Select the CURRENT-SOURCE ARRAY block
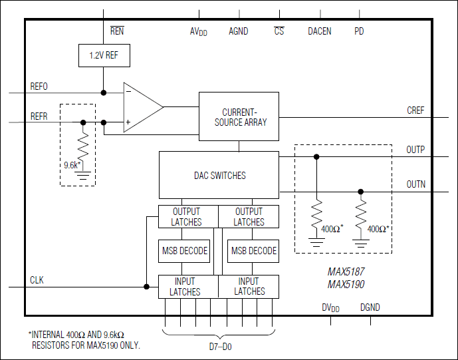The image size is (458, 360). pos(239,116)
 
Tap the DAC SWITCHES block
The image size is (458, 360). pos(219,175)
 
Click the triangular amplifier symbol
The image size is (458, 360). pos(142,107)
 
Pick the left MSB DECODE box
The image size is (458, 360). pos(185,251)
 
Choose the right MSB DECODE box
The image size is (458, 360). pos(254,251)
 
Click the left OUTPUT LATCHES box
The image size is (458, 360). pos(188,217)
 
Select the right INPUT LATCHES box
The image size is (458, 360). pos(249,286)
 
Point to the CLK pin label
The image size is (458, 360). pos(37,280)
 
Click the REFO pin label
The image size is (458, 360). pos(39,87)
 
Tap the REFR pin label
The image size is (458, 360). pos(39,116)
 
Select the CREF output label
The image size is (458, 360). pos(415,110)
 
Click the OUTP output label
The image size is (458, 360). pos(415,150)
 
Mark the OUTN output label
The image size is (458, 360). pos(415,185)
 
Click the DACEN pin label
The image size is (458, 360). pos(320,31)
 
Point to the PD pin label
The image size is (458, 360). pos(359,31)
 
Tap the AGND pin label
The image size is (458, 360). pos(238,31)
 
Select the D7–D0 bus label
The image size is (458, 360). pos(219,347)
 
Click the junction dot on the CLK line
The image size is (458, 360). pos(146,287)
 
